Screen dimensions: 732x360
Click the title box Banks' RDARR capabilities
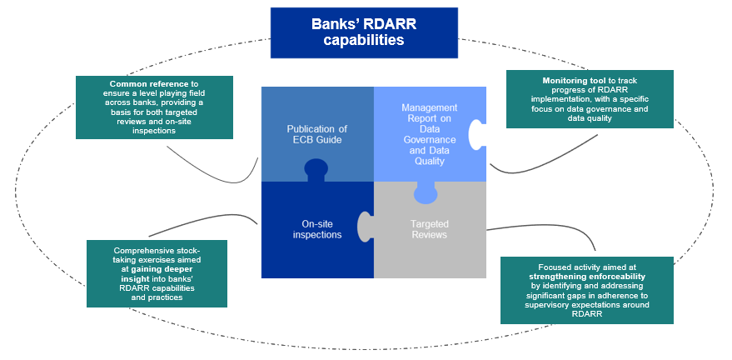point(364,32)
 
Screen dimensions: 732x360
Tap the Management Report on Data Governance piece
point(430,135)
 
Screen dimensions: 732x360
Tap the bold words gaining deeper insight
point(157,273)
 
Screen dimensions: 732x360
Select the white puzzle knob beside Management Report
point(476,134)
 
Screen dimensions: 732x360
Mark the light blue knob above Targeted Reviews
point(426,192)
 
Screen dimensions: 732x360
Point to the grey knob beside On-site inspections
point(365,227)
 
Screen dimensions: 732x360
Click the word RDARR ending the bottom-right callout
point(587,314)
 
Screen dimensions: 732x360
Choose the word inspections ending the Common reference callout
point(154,131)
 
